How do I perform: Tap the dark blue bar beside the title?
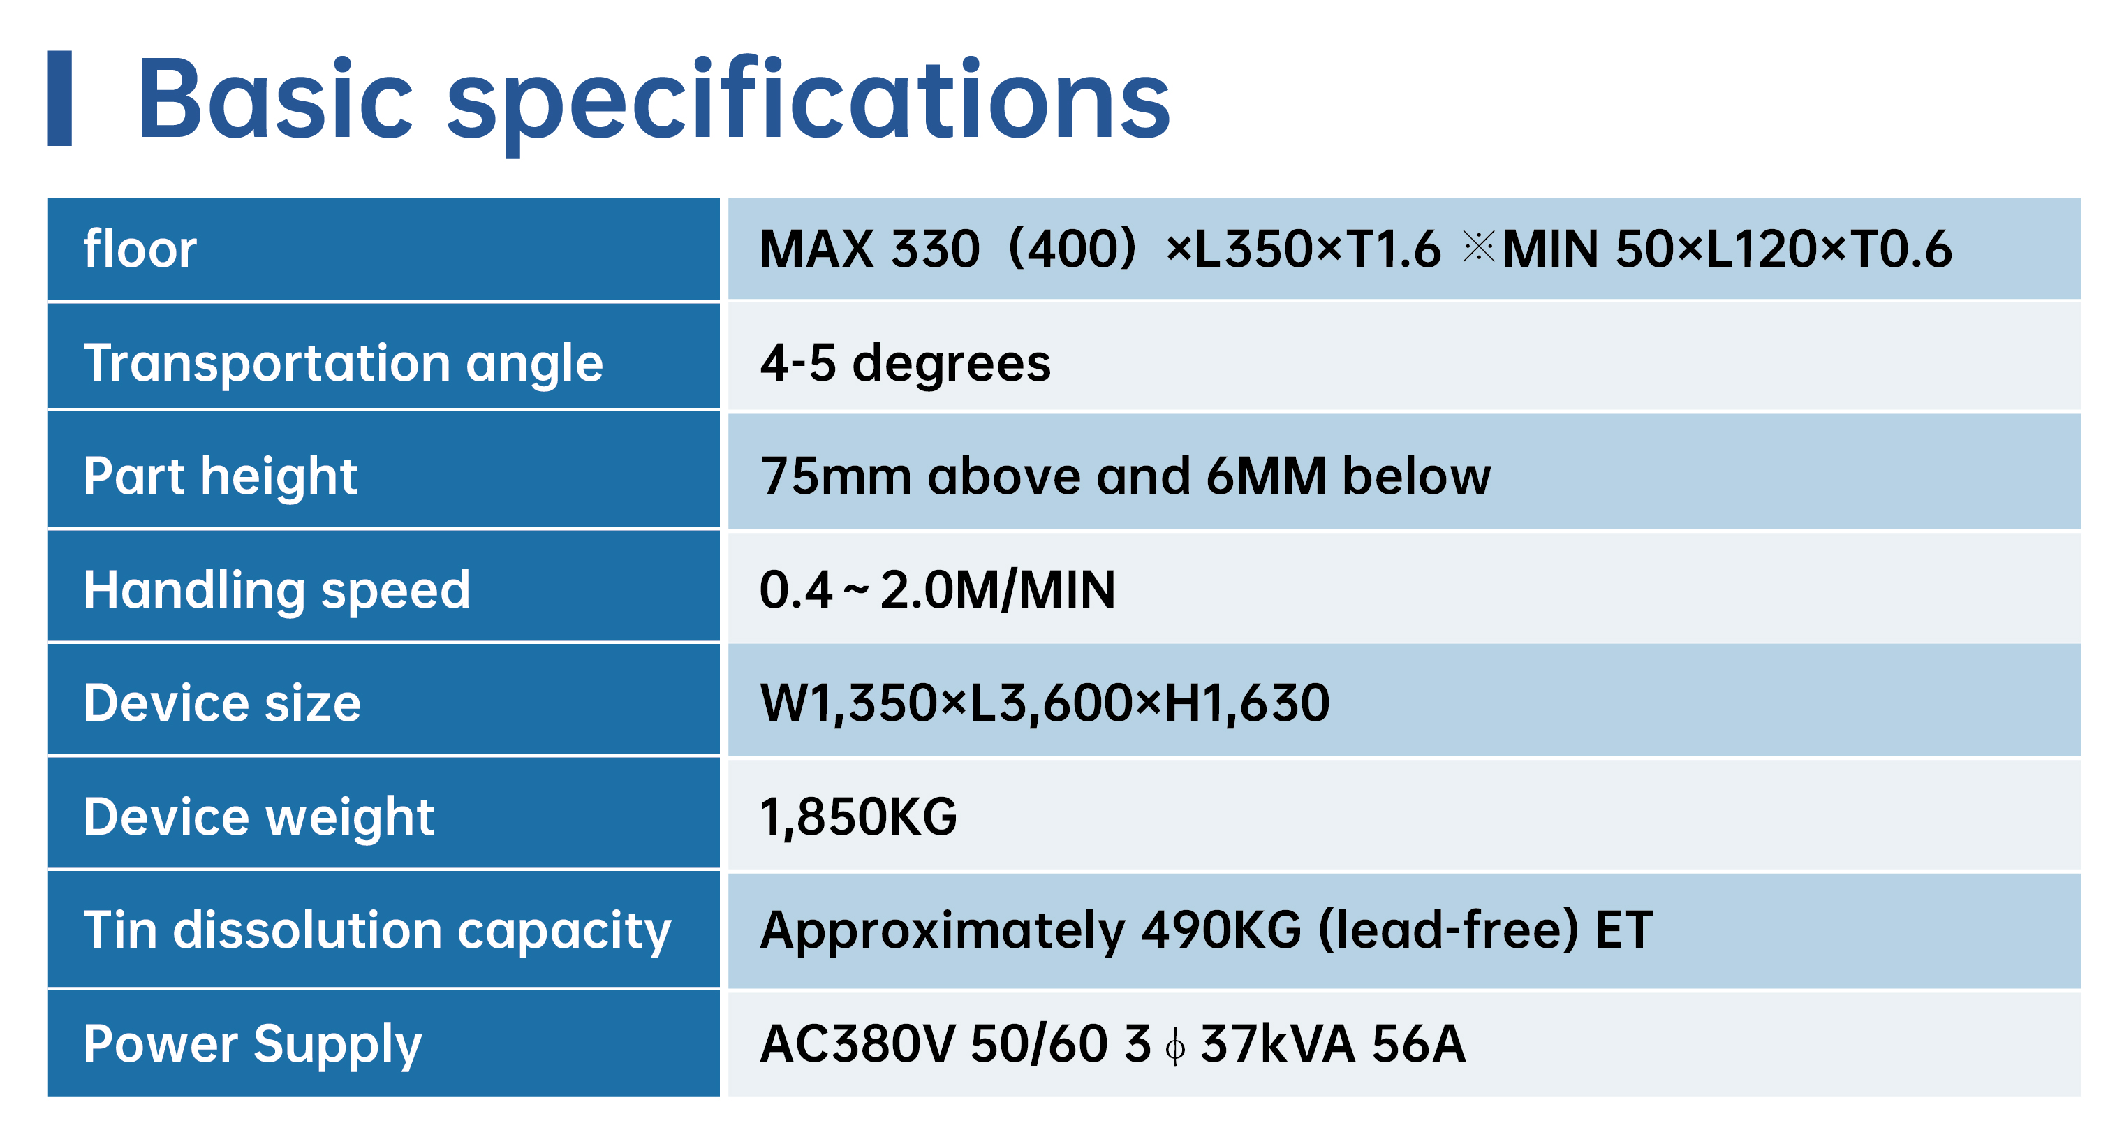[x=59, y=98]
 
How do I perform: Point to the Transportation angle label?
[x=344, y=363]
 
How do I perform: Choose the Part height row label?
[x=220, y=476]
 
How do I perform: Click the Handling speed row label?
[x=277, y=589]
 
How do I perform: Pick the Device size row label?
[x=222, y=703]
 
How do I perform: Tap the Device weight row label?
[x=258, y=816]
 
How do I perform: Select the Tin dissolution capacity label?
[x=377, y=930]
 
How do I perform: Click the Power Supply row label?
[x=253, y=1043]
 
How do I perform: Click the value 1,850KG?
[x=859, y=816]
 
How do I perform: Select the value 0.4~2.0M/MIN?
[x=937, y=589]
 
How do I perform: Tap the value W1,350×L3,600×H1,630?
[x=1045, y=703]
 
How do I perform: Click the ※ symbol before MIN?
[x=1478, y=247]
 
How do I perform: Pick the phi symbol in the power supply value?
[x=1175, y=1046]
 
